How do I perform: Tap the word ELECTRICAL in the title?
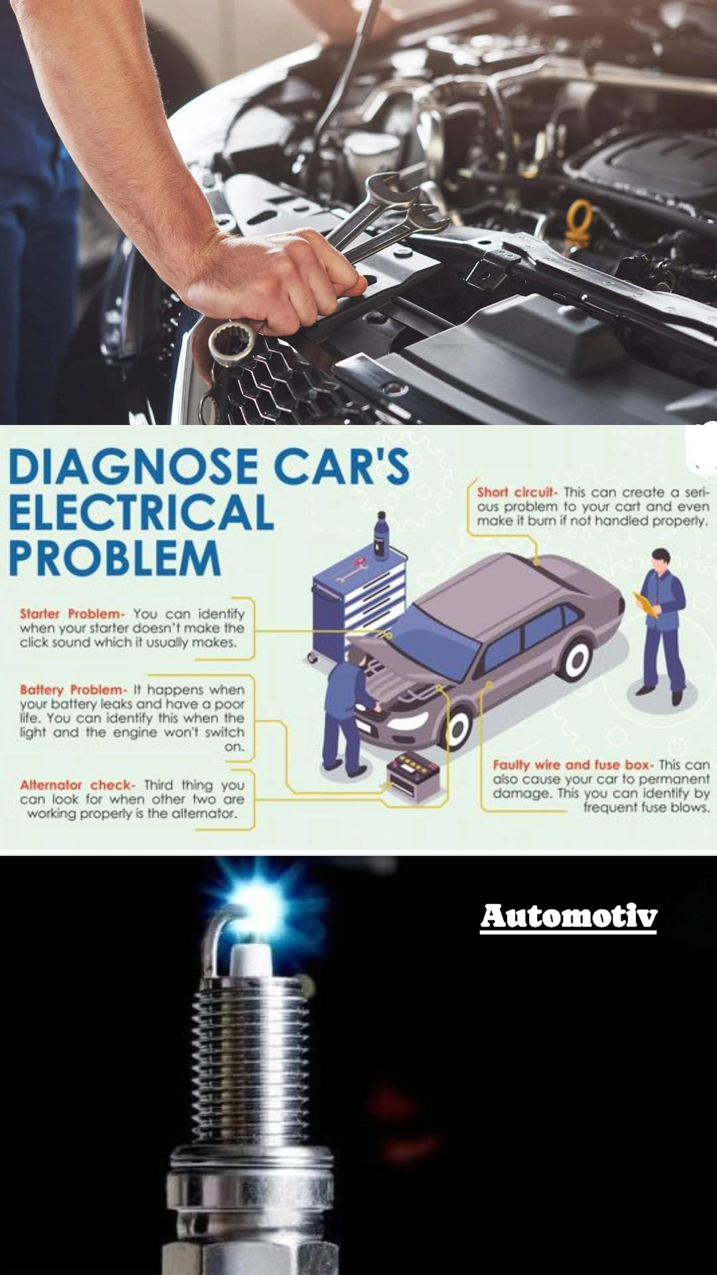(141, 512)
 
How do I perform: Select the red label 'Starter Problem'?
(71, 614)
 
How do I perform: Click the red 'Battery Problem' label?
(72, 690)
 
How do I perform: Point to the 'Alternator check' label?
(77, 785)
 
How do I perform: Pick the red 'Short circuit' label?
(515, 492)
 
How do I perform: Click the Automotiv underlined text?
(569, 917)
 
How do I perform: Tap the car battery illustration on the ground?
(413, 776)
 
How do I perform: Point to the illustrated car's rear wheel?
(575, 657)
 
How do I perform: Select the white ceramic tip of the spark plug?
(250, 961)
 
